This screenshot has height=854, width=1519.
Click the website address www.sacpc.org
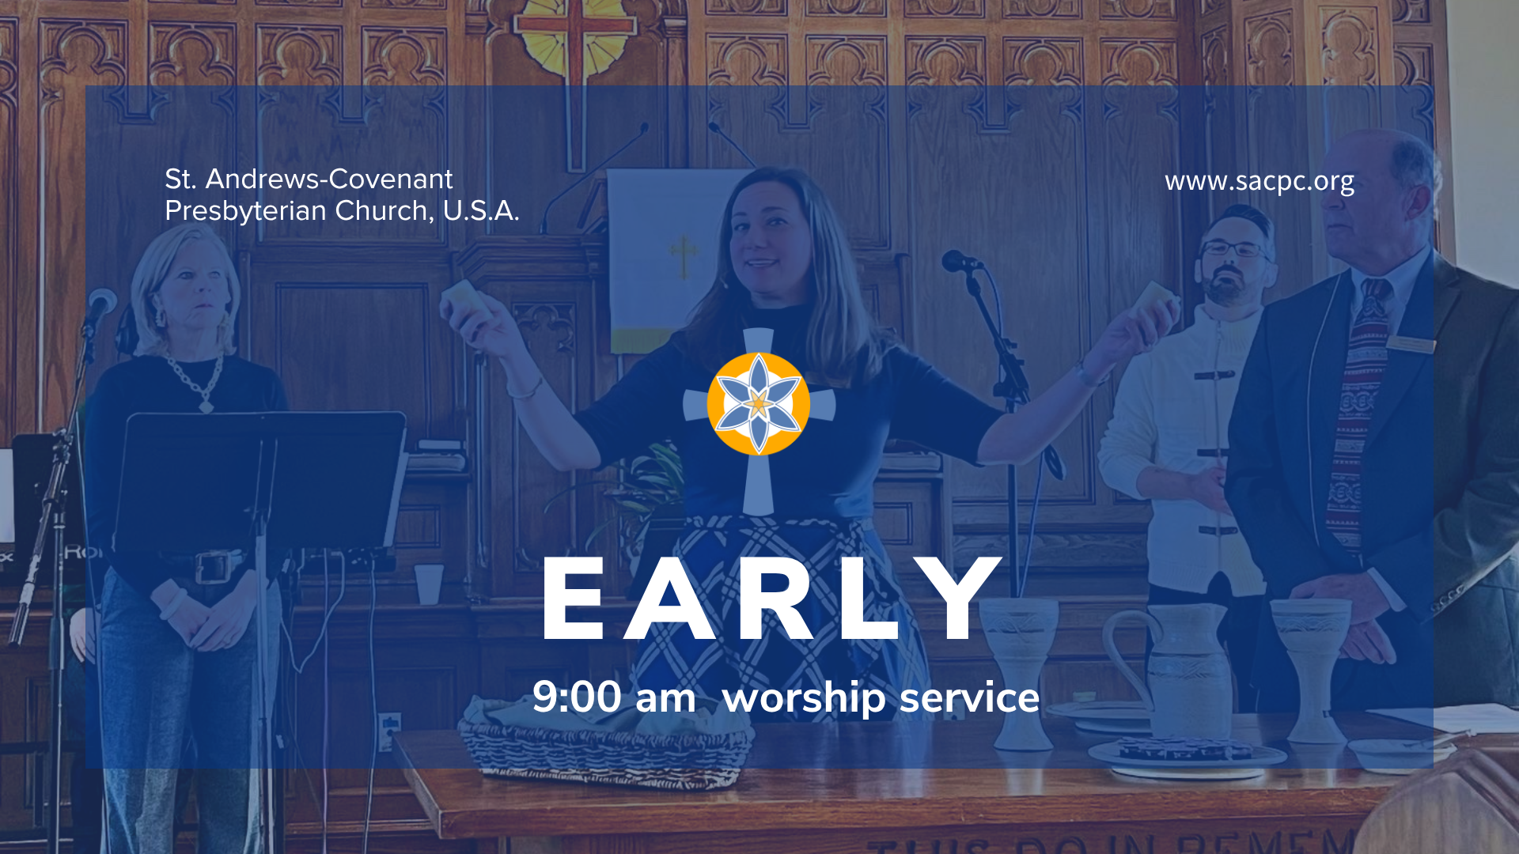(x=1260, y=182)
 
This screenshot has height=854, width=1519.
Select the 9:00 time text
(x=577, y=697)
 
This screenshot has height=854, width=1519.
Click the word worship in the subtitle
(x=804, y=699)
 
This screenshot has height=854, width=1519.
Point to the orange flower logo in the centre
(x=758, y=403)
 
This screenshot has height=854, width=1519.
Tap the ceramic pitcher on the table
(x=1171, y=672)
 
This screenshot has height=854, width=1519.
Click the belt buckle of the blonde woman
(x=210, y=567)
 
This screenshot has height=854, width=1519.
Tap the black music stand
(x=261, y=482)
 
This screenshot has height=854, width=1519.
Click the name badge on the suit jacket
(x=1411, y=344)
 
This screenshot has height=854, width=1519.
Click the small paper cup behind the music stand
(x=429, y=584)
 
